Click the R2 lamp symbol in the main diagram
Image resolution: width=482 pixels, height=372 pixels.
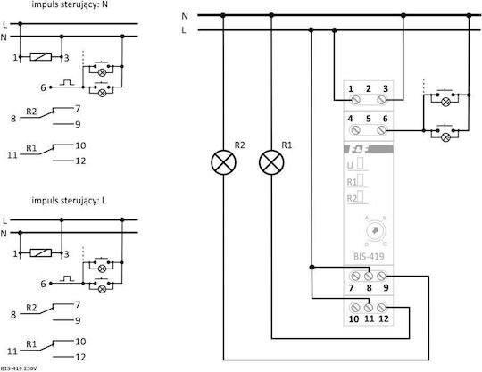[223, 162]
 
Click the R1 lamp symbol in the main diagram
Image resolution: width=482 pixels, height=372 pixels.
[271, 162]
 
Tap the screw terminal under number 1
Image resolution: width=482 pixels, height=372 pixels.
[355, 100]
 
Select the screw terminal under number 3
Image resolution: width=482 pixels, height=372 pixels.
[381, 100]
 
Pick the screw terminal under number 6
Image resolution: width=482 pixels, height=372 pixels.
[381, 130]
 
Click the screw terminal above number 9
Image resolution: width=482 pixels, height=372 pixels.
[381, 276]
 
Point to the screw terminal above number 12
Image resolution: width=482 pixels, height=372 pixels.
[381, 307]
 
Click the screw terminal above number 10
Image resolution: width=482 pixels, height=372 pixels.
[354, 307]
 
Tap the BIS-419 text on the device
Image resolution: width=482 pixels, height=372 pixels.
[369, 256]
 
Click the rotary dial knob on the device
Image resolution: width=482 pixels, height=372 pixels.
[375, 231]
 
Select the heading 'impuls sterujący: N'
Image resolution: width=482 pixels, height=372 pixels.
[70, 5]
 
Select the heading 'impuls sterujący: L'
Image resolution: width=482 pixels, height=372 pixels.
[69, 201]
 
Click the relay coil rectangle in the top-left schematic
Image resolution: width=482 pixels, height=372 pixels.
[40, 57]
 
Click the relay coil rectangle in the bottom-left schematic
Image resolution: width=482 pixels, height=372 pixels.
[40, 253]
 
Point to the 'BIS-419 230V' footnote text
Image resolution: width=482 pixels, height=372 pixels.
[19, 368]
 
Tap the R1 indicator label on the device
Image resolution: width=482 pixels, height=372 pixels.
[352, 182]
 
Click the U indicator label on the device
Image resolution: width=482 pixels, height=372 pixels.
[350, 166]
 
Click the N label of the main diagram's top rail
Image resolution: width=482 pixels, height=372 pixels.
[185, 16]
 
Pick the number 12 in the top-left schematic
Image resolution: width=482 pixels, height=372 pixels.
[80, 161]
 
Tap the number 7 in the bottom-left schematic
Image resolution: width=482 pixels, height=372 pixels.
[78, 305]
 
